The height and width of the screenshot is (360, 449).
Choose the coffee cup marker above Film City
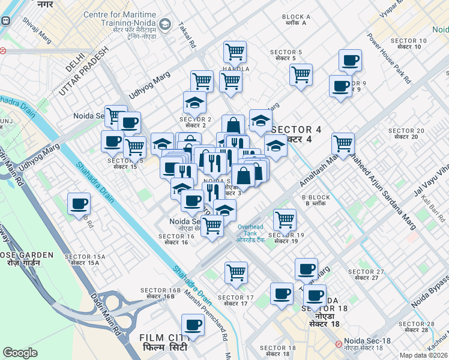tap(193, 325)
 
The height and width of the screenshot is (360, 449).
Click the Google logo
tap(20, 353)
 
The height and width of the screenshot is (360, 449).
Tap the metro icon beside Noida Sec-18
tap(339, 344)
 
